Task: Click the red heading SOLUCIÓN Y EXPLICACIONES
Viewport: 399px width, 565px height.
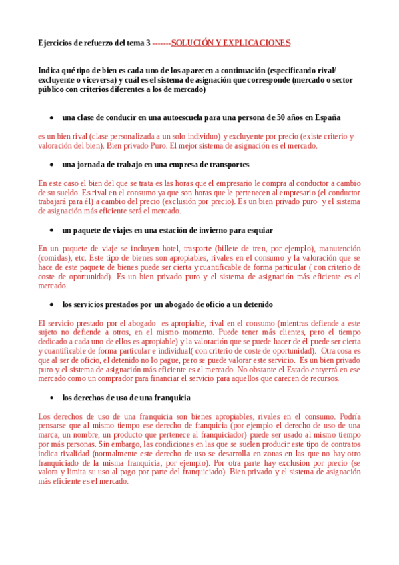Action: [x=230, y=43]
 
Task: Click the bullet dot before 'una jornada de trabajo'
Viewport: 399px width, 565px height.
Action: [x=52, y=164]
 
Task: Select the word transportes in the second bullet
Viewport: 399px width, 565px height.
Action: [x=226, y=164]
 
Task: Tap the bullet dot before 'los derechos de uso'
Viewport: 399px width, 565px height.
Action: [x=52, y=398]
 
